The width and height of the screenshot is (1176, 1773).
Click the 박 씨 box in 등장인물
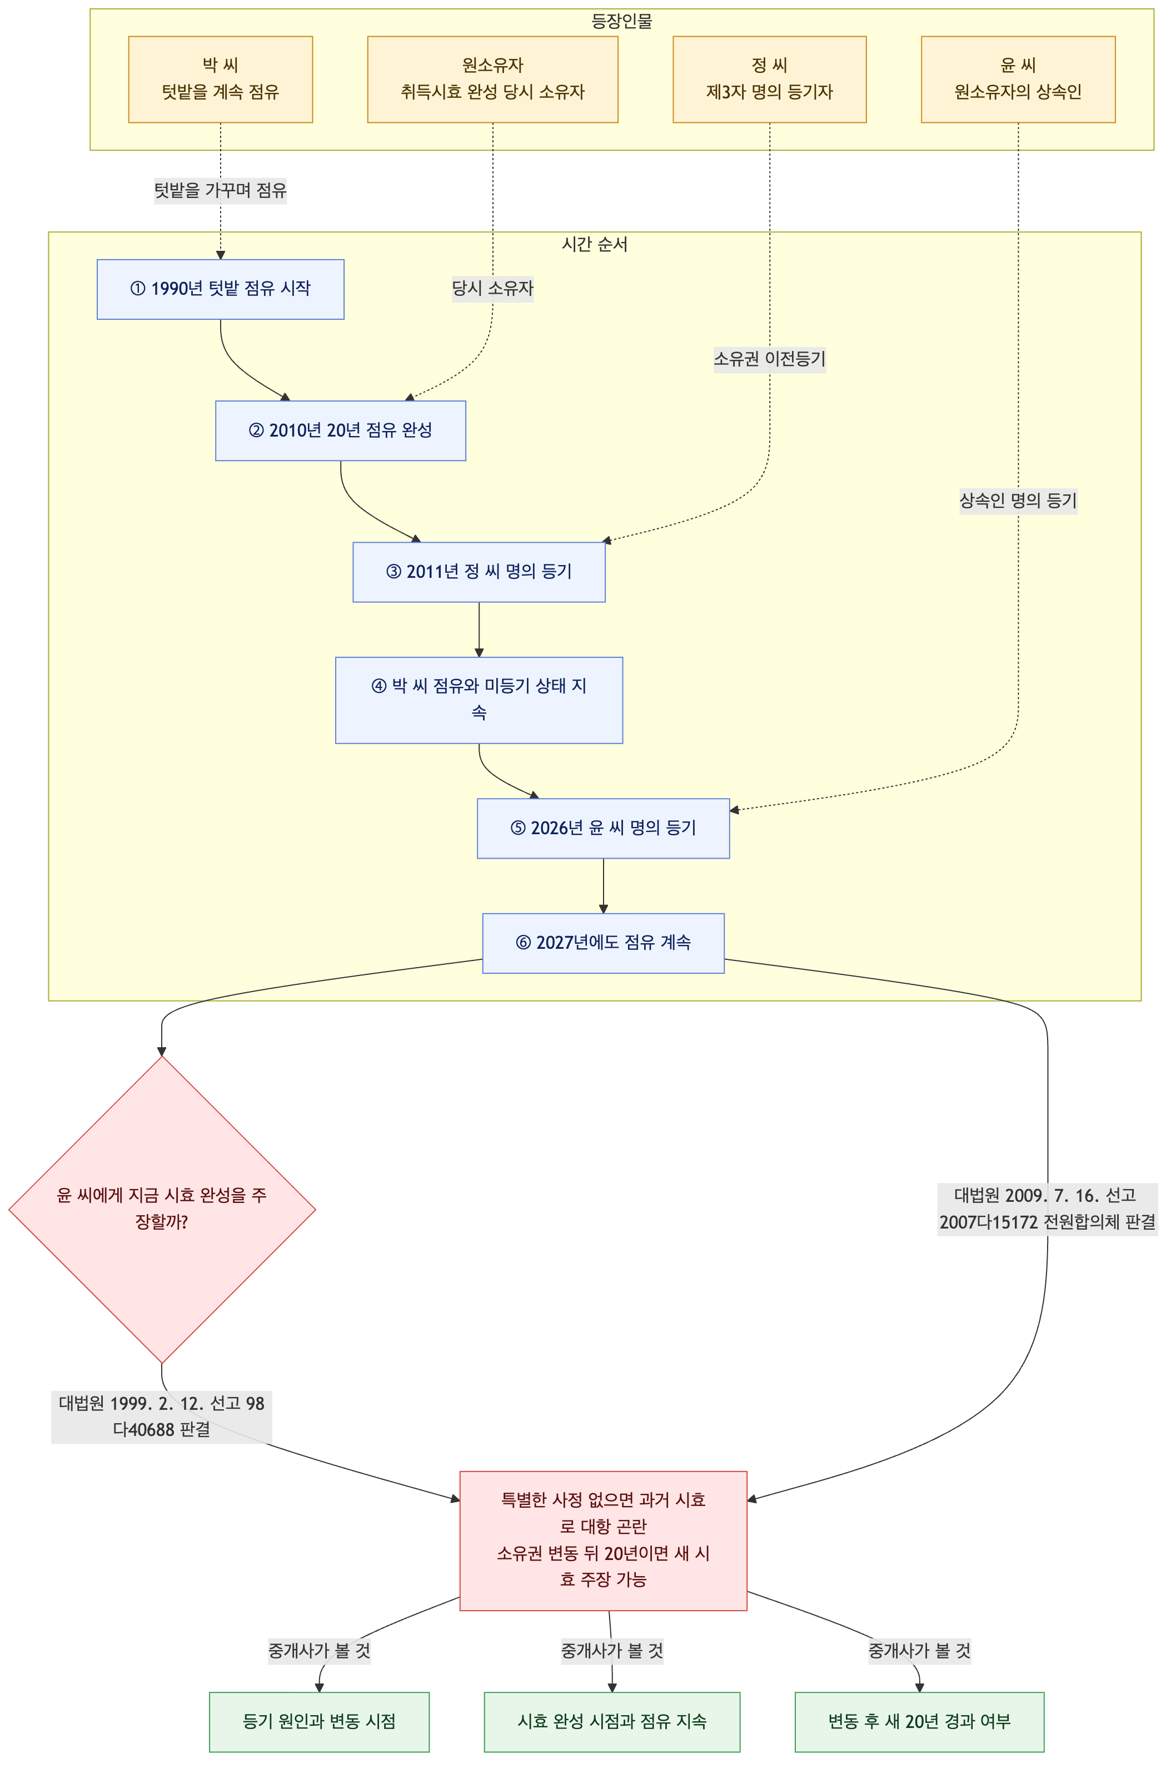221,79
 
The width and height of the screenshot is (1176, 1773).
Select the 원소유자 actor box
493,79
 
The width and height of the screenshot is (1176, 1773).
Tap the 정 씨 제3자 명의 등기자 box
770,79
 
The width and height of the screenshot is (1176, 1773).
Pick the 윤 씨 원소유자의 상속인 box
1018,79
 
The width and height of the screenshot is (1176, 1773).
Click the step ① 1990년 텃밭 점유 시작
221,289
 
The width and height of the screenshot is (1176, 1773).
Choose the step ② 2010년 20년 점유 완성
341,430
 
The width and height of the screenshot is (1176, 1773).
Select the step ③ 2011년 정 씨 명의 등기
479,572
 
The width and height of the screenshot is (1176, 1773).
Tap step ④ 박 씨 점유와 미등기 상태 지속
479,700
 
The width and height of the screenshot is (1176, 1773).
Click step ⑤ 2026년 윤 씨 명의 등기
603,828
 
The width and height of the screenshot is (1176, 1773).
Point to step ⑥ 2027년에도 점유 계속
603,943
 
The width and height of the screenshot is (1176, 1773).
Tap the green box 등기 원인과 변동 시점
319,1721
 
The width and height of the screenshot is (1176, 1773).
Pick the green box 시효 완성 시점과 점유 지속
612,1721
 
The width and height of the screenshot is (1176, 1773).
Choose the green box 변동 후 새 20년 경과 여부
919,1721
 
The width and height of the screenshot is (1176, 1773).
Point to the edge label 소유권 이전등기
770,359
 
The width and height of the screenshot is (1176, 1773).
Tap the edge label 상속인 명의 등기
1018,501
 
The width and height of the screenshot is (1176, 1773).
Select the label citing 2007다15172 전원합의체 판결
1048,1209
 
